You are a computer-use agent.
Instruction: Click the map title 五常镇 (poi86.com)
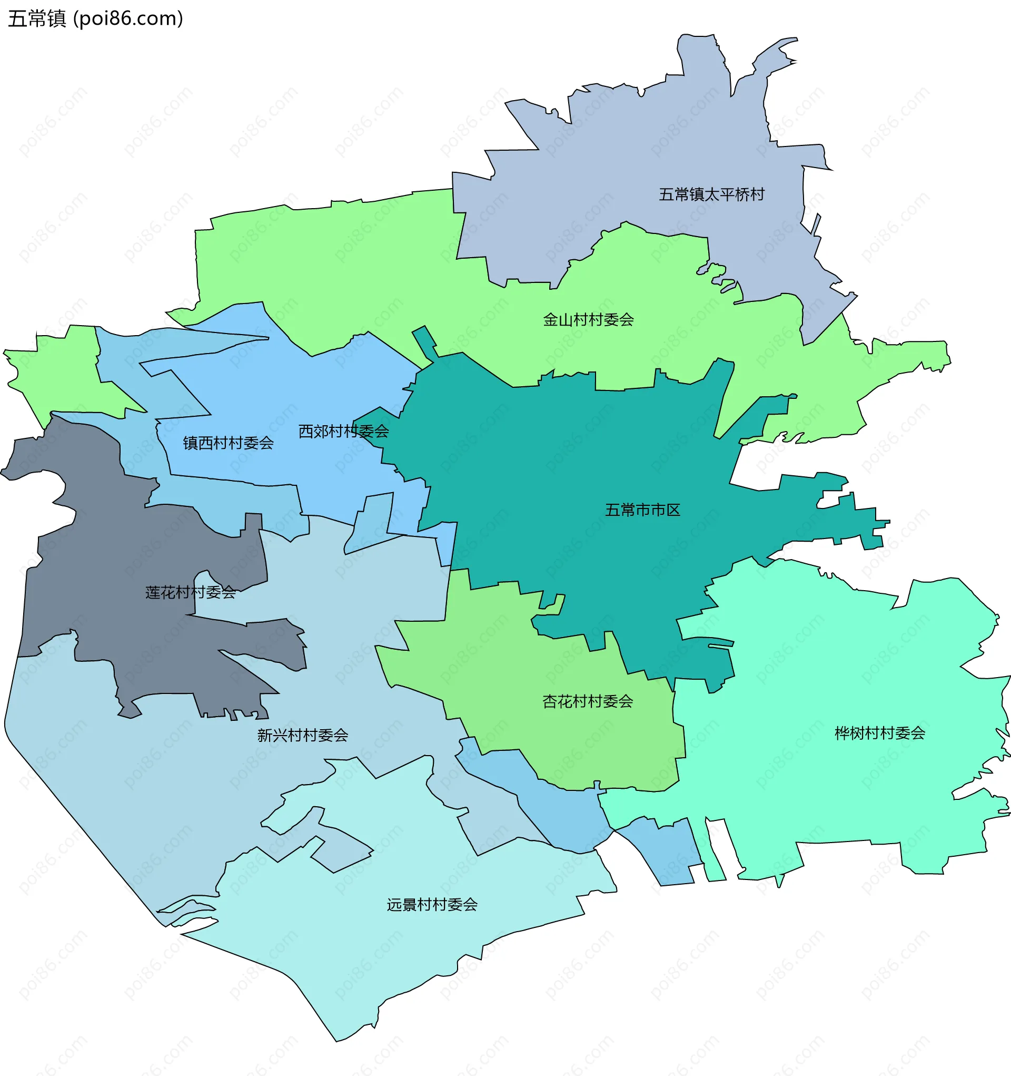coord(96,19)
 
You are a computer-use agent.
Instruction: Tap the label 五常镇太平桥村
coord(711,194)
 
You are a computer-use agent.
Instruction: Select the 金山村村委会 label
coord(588,320)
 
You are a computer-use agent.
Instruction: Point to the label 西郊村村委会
coord(343,432)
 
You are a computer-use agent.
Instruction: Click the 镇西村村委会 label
coord(229,443)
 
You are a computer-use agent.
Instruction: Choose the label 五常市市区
coord(642,510)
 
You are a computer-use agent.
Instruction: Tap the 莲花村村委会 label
coord(191,593)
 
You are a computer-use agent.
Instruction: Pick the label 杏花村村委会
coord(588,701)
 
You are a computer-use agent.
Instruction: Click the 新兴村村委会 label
coord(302,735)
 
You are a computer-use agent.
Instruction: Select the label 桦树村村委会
coord(879,733)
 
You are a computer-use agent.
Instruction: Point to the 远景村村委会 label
coord(432,904)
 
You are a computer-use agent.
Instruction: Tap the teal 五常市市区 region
coord(568,460)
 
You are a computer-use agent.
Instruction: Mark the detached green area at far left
coord(65,368)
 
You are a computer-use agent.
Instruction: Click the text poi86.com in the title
coord(128,19)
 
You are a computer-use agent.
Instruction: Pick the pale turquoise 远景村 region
coord(379,963)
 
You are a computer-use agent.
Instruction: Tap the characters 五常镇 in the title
coord(37,19)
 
